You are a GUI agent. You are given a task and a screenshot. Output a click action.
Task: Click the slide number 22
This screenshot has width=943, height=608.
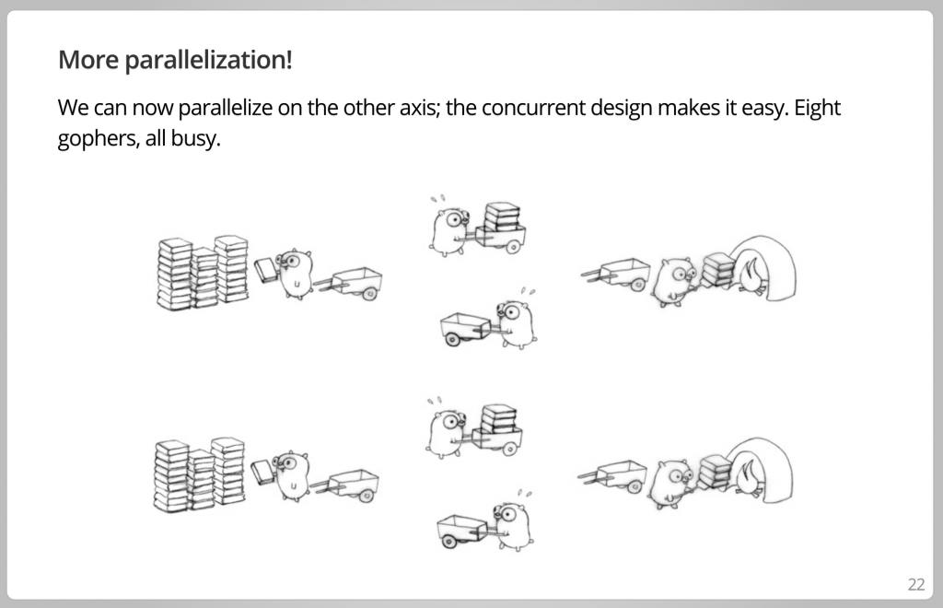916,585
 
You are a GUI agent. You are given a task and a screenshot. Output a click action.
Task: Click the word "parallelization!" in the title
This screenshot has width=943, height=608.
208,60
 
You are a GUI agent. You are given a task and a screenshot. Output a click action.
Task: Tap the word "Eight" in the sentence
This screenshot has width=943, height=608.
817,108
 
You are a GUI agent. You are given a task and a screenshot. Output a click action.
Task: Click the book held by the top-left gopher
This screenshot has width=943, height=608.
265,270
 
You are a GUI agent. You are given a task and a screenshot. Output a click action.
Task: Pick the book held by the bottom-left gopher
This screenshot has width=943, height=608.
262,472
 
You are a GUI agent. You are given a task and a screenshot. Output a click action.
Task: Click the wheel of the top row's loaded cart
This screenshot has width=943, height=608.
513,246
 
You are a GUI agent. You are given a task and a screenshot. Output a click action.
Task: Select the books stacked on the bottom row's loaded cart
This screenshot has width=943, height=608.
499,419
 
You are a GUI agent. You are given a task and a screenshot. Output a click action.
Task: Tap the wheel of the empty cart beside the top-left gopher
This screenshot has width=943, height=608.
369,294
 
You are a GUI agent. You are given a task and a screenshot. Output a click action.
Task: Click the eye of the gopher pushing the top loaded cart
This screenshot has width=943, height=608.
455,219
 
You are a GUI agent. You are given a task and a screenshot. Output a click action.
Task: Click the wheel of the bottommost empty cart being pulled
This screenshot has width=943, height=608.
448,542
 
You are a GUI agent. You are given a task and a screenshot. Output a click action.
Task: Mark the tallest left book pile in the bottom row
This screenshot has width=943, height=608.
171,476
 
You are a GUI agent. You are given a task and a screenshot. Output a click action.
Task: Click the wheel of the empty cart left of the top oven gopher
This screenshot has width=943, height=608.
637,285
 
